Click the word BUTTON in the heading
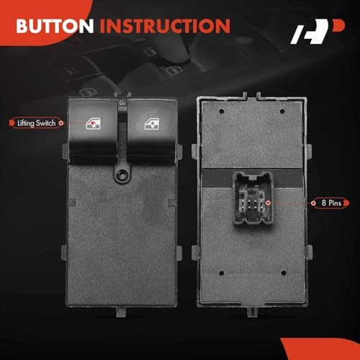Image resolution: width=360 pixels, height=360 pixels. click(55, 26)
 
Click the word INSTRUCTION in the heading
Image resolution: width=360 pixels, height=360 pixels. click(165, 26)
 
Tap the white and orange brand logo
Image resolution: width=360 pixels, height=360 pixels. click(318, 32)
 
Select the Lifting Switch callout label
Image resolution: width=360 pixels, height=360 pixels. click(36, 123)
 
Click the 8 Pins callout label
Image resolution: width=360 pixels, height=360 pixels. click(330, 203)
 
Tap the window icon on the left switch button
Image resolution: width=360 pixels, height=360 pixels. click(93, 124)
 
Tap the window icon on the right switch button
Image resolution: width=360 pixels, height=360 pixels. click(152, 125)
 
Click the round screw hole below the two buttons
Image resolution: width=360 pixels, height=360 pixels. click(122, 175)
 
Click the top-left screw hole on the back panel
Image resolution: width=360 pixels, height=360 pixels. click(222, 112)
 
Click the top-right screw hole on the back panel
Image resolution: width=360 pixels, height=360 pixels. click(282, 112)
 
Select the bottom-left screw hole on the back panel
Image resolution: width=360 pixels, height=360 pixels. click(222, 273)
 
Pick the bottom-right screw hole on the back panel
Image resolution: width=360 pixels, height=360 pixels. click(284, 273)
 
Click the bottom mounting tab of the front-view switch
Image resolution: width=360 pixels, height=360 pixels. click(122, 312)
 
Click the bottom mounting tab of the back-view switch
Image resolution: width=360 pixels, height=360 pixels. click(253, 312)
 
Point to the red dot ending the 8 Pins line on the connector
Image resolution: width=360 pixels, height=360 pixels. click(269, 203)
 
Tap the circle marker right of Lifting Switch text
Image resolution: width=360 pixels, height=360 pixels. click(61, 123)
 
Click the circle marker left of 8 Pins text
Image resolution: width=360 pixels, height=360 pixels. click(313, 203)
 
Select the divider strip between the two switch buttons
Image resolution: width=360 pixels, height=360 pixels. click(122, 131)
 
